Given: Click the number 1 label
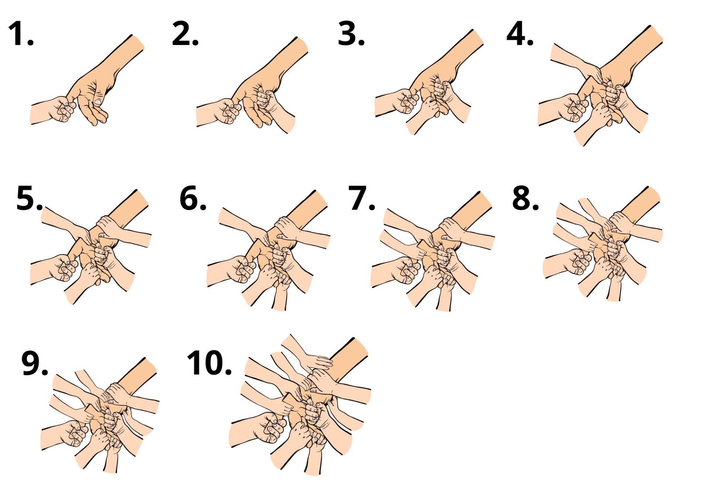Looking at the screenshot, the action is coord(21,34).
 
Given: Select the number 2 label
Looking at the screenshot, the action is coord(185,34).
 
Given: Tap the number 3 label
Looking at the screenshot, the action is coord(351,34).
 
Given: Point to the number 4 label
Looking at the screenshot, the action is coord(520,34).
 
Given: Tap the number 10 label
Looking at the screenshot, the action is coord(209,363).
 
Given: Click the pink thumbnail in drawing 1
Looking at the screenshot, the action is coord(98,101).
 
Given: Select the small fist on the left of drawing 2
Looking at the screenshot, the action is coord(229,111).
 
